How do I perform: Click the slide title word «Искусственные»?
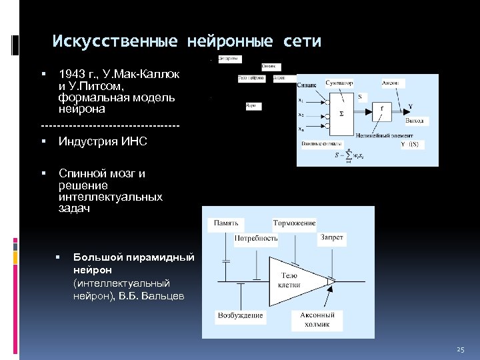click(x=115, y=42)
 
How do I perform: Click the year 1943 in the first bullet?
click(x=71, y=74)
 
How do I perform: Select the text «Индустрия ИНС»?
click(x=103, y=141)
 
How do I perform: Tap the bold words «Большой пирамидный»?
click(x=133, y=257)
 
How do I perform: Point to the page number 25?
click(x=460, y=350)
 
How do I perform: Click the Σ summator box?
click(x=343, y=113)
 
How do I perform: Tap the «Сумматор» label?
click(x=340, y=83)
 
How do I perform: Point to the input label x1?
click(x=302, y=101)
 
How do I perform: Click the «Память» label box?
click(x=227, y=223)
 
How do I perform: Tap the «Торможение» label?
click(x=294, y=223)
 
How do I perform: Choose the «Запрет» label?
click(x=332, y=237)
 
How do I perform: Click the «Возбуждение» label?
click(x=241, y=315)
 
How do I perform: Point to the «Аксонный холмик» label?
click(x=317, y=320)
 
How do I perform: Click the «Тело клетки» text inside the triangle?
click(x=289, y=280)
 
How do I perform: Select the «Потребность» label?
click(x=256, y=237)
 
